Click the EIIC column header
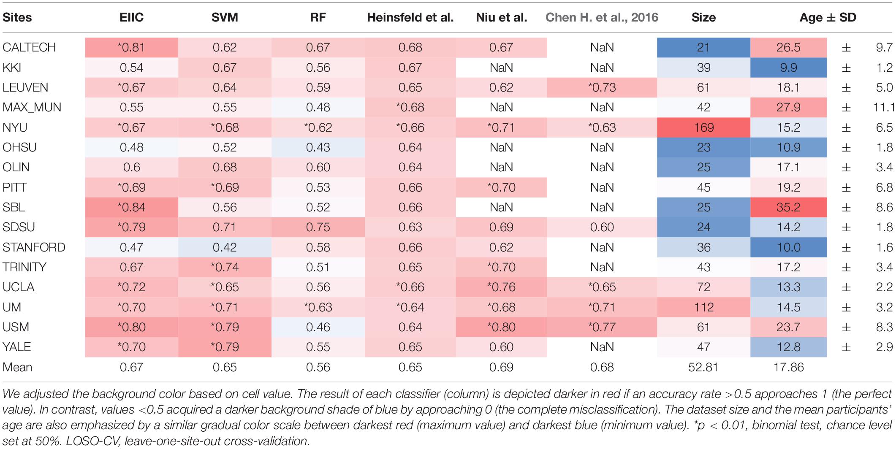click(131, 17)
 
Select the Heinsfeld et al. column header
click(410, 17)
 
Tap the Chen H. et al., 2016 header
click(602, 17)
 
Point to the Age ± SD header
click(828, 17)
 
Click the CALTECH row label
click(29, 47)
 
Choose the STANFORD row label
click(34, 247)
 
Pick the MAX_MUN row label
click(32, 108)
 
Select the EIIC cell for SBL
click(131, 207)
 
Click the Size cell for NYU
click(703, 127)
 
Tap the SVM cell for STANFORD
click(225, 247)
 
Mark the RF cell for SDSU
click(318, 227)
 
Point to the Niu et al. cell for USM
click(501, 327)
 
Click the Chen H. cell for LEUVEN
click(602, 87)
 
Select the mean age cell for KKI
click(788, 68)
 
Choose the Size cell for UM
click(703, 307)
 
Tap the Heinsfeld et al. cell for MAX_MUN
click(410, 108)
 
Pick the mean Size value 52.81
click(703, 367)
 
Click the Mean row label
click(17, 367)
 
